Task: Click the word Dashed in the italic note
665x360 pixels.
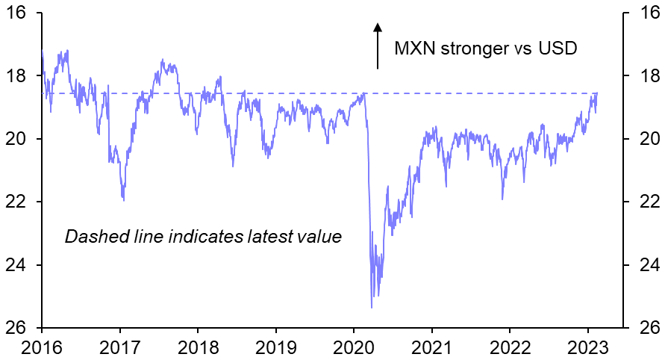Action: tap(91, 237)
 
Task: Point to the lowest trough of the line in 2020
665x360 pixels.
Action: tap(372, 307)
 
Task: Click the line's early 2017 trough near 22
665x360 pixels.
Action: tap(123, 200)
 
